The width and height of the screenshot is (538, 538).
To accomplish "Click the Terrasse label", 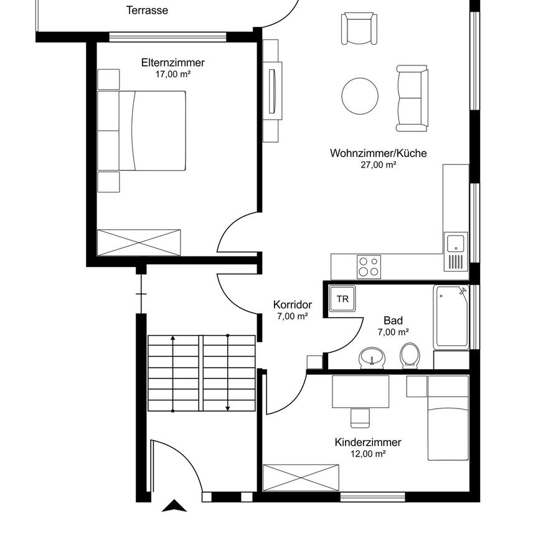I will [147, 11].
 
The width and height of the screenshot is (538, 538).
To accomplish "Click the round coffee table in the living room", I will [360, 95].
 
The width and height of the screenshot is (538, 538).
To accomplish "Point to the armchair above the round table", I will [359, 29].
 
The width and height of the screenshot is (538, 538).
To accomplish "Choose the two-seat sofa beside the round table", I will [412, 98].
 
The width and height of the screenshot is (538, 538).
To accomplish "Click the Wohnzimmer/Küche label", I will [378, 153].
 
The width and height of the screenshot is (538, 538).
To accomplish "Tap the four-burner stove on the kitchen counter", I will [368, 267].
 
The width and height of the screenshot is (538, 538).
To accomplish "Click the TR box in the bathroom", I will [342, 299].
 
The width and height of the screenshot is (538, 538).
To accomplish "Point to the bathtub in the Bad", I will [452, 318].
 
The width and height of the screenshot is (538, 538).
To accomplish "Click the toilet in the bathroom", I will [409, 356].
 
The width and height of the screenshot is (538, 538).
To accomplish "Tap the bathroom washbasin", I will [372, 357].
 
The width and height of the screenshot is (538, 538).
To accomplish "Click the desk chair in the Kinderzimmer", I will [359, 417].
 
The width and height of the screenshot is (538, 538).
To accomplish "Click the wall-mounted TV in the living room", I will [272, 92].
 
